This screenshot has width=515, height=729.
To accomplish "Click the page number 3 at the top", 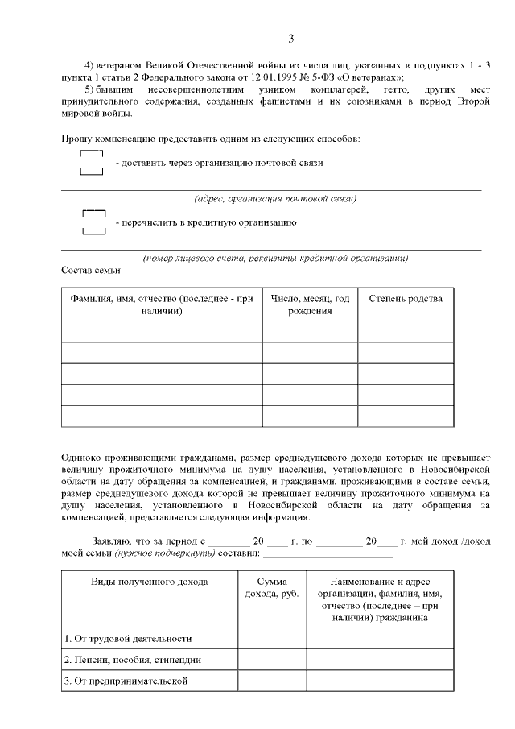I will pos(291,38).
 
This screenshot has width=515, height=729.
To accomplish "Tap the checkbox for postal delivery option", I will pos(92,163).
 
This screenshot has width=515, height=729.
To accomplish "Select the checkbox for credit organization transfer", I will pos(95,222).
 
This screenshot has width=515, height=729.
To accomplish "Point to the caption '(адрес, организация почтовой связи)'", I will pos(275,198).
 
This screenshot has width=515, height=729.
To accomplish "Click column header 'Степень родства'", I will pos(405,299).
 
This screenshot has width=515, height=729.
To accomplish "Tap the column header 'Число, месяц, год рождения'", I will pos(310,304).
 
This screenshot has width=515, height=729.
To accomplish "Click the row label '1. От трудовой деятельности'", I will pos(128,639).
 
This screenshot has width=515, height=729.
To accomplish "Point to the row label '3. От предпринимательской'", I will pos(126,681).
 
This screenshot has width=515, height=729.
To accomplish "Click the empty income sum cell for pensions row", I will pos(271,660).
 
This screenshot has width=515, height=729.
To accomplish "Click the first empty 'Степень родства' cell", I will pos(405,331).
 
